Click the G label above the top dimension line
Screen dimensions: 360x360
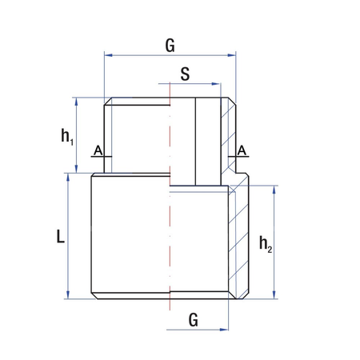click(170, 45)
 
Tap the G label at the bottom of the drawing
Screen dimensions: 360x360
click(193, 320)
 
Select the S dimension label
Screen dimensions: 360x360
click(185, 74)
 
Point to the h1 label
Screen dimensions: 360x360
click(67, 136)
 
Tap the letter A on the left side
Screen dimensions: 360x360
click(97, 150)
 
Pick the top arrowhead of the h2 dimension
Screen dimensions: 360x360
click(276, 190)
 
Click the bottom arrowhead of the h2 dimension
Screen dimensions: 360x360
click(276, 294)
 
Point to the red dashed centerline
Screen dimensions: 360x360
click(170, 240)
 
